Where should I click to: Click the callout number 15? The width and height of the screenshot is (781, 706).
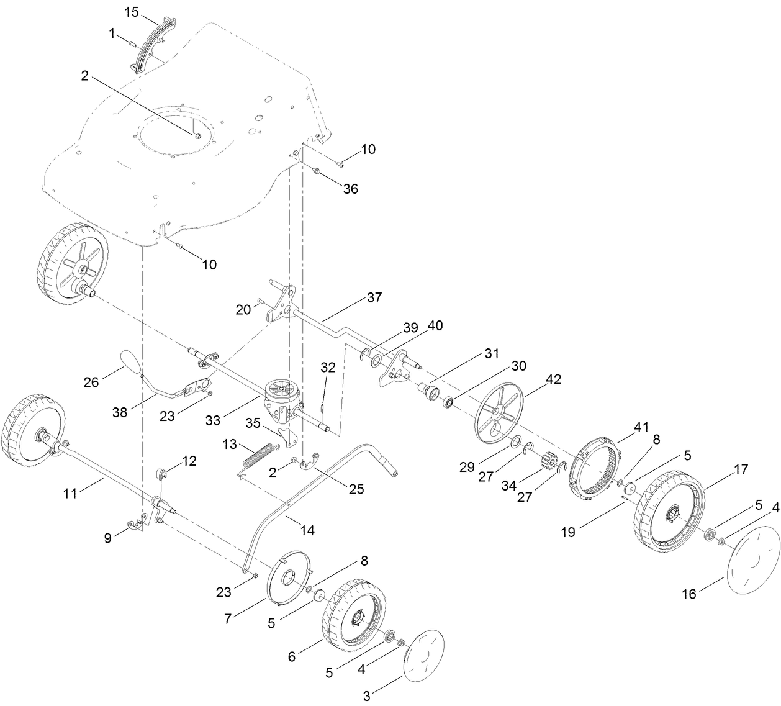(x=132, y=11)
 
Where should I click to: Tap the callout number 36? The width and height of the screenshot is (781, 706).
(x=351, y=189)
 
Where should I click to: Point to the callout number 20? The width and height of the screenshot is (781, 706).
(x=243, y=309)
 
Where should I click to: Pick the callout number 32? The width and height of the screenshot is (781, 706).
(x=328, y=367)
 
